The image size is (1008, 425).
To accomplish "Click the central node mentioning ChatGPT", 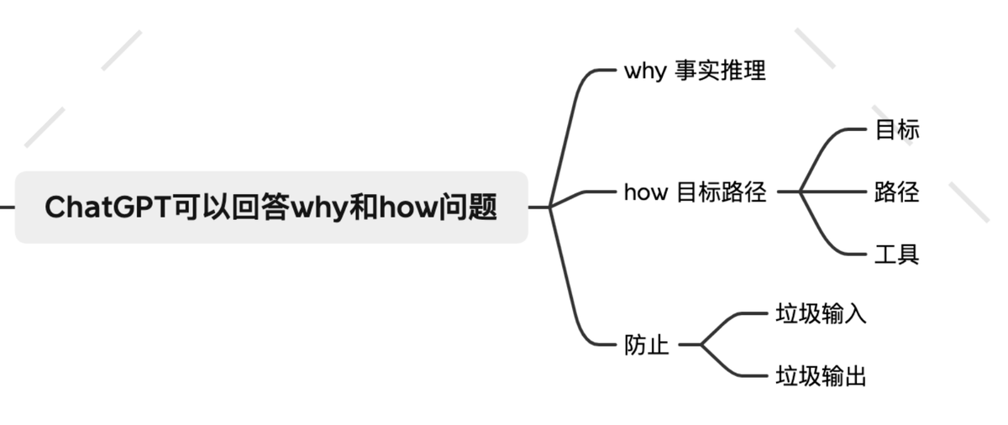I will point(270,207).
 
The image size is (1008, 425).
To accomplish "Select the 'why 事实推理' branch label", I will point(695,71).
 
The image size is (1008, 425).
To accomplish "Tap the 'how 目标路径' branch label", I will point(695,192).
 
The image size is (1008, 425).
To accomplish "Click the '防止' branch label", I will point(646,344).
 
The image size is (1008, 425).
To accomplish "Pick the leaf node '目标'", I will point(896,130).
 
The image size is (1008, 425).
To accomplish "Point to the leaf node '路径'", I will point(896,192).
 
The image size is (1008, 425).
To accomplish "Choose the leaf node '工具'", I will point(896,254).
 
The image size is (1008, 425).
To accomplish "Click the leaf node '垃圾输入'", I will point(820,314).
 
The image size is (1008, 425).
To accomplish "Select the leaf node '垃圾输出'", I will point(820,375).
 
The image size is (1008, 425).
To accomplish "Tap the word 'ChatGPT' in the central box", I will point(108,207).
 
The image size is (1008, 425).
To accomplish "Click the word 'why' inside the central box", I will point(318,207).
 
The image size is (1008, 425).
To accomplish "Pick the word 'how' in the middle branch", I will point(645,192).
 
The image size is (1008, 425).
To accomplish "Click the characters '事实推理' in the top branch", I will point(721,71).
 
